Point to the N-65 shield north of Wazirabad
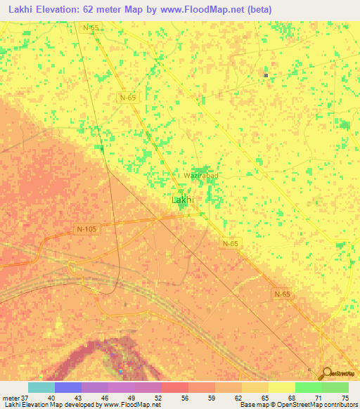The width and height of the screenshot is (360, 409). [x=127, y=98]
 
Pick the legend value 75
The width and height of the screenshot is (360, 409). [x=345, y=398]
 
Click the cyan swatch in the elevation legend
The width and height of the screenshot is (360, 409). [x=41, y=387]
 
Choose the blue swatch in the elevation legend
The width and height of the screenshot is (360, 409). [x=68, y=387]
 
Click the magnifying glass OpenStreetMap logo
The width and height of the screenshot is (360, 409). [x=327, y=375]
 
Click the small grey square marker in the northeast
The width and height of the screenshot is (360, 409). [x=266, y=75]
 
